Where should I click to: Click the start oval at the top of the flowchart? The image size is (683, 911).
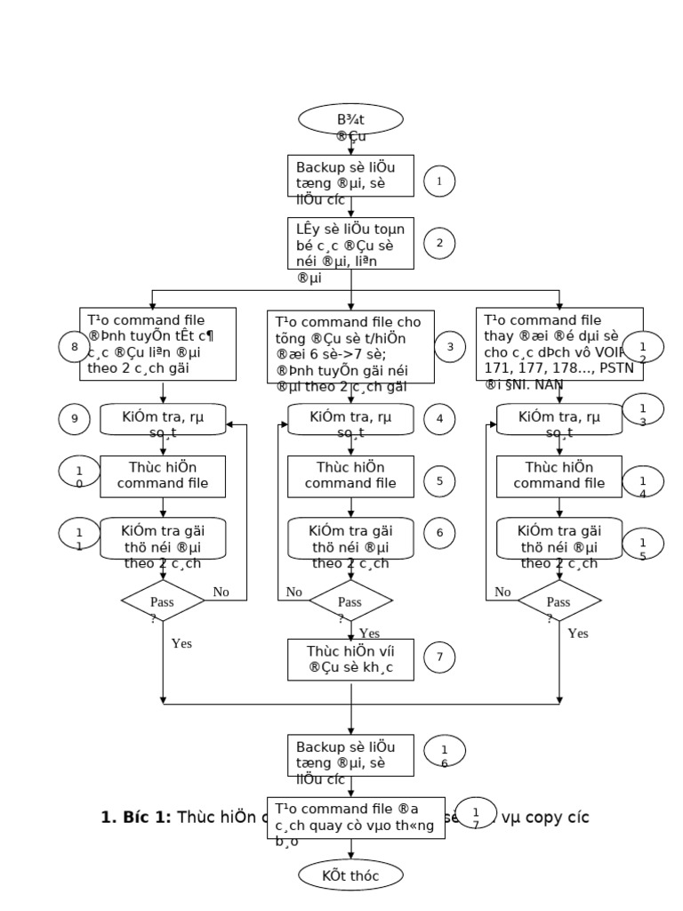tap(350, 120)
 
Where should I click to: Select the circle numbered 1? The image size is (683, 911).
tap(439, 181)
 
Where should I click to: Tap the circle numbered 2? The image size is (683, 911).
tap(439, 243)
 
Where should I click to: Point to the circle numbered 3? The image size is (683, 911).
tap(450, 346)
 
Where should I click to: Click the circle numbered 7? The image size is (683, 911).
tap(439, 658)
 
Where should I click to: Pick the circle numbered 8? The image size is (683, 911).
tap(74, 346)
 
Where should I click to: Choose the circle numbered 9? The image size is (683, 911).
tap(74, 418)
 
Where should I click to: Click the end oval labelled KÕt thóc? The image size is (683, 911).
tap(350, 875)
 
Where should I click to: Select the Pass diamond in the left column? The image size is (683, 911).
tap(163, 601)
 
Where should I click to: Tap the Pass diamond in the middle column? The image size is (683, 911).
tap(350, 601)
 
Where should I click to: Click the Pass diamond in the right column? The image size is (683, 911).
tap(559, 601)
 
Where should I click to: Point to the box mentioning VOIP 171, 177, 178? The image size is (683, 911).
tap(559, 343)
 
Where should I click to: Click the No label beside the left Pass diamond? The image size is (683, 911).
tap(221, 592)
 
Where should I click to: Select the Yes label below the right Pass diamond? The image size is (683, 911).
tap(578, 634)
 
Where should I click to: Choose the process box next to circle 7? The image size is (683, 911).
tap(350, 659)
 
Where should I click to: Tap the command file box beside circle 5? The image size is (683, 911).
tap(350, 476)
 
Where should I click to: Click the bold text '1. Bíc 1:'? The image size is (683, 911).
tap(136, 817)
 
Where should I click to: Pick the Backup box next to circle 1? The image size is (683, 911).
tap(350, 175)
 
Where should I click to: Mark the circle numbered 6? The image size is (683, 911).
tap(439, 533)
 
